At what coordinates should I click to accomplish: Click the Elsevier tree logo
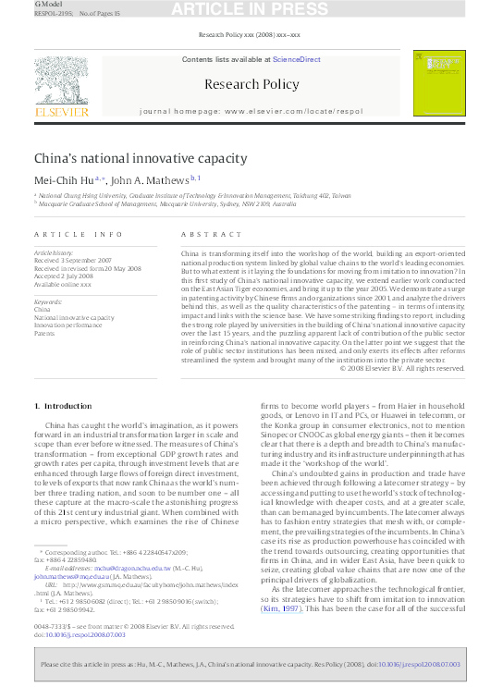pyautogui.click(x=62, y=85)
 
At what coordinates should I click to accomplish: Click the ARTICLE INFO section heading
pyautogui.click(x=78, y=235)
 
